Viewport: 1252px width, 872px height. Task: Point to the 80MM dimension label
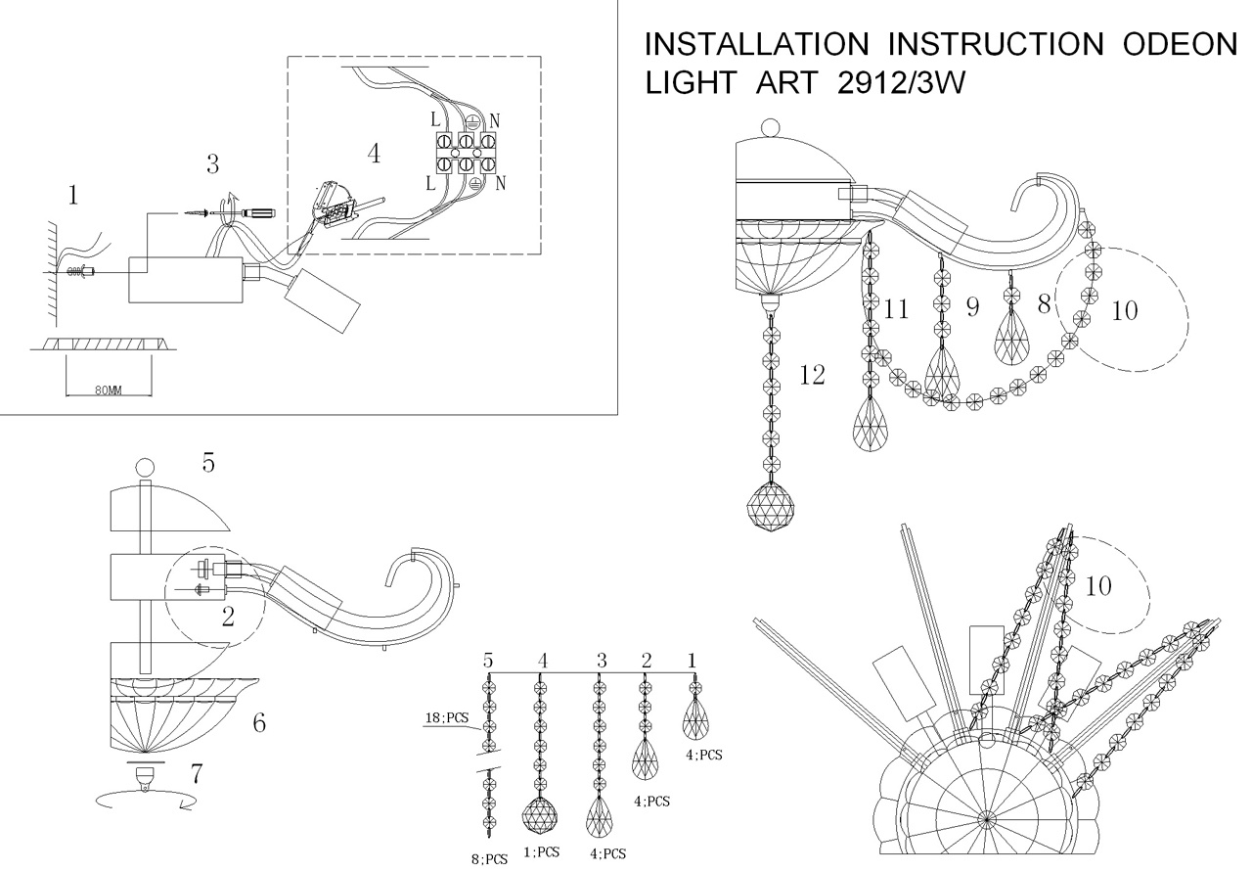(x=109, y=390)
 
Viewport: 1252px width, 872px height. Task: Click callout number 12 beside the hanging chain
(x=812, y=375)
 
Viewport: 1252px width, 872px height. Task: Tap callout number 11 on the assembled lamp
(x=896, y=310)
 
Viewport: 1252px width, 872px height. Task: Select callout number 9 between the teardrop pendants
(x=972, y=307)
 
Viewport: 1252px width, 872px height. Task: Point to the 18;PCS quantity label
(x=449, y=718)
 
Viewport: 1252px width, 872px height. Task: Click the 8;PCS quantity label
(x=489, y=858)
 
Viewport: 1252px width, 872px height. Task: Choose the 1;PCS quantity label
(x=541, y=852)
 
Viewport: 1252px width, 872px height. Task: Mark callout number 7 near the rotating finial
(x=197, y=774)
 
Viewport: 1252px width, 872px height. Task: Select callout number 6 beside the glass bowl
(x=258, y=723)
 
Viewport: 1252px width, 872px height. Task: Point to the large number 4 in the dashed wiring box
(x=373, y=154)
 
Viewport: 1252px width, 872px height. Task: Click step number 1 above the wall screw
(x=72, y=196)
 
